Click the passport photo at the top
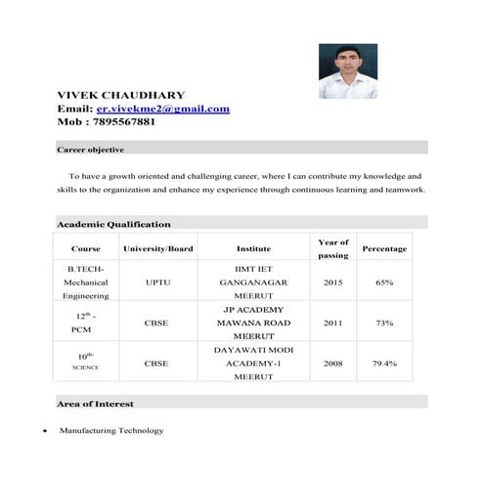point(347,70)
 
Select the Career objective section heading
point(90,150)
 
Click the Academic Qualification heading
point(113,224)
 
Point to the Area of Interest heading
point(95,403)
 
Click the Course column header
point(86,248)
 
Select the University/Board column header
point(156,248)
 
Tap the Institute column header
point(253,248)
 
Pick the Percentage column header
point(384,248)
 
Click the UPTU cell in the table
point(156,282)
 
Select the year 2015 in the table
point(332,282)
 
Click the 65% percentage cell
point(384,282)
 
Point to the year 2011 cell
point(332,322)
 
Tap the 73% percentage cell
point(384,322)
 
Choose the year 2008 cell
point(332,363)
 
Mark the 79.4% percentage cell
point(384,363)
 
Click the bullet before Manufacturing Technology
point(46,431)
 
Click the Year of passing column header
point(332,248)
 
